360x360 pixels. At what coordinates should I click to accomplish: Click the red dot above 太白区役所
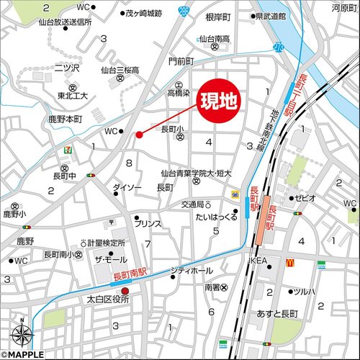[125, 291]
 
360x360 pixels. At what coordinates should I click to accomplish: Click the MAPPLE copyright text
[23, 354]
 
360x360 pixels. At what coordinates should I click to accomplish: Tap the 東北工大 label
[73, 96]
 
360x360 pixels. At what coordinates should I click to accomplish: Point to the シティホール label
[191, 271]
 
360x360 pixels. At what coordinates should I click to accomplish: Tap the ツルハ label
[302, 292]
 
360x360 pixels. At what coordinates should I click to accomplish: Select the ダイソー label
[127, 188]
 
